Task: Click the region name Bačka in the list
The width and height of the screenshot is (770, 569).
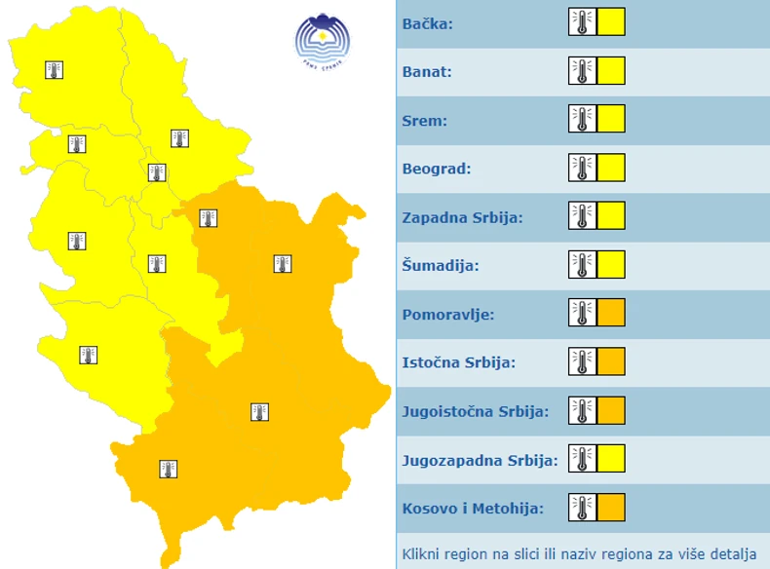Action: tap(428, 23)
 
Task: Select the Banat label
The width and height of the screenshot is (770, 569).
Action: tap(427, 72)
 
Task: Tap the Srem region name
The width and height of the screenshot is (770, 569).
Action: tap(425, 121)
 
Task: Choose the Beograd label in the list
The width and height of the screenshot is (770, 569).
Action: tap(437, 169)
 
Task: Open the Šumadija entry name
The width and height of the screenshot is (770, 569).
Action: tap(441, 265)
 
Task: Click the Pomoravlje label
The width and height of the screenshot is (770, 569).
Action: tap(448, 315)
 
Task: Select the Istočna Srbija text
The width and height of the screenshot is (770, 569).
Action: tap(458, 363)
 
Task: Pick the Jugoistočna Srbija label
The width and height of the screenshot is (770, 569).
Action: tap(476, 411)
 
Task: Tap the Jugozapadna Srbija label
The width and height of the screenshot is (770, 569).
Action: tap(480, 460)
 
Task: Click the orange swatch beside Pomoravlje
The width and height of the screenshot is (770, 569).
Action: tap(611, 313)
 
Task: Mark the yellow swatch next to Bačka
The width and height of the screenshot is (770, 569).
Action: tap(611, 21)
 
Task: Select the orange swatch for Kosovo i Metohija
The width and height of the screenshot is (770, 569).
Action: tap(611, 508)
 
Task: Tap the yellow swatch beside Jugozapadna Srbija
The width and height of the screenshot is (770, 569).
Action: tap(611, 458)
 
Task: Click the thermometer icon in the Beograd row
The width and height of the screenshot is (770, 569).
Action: tap(582, 168)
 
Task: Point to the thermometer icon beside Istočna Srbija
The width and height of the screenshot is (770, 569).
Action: tap(582, 361)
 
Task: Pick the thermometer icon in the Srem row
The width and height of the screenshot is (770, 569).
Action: tap(582, 119)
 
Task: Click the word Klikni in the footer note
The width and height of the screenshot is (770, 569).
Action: tap(422, 554)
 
